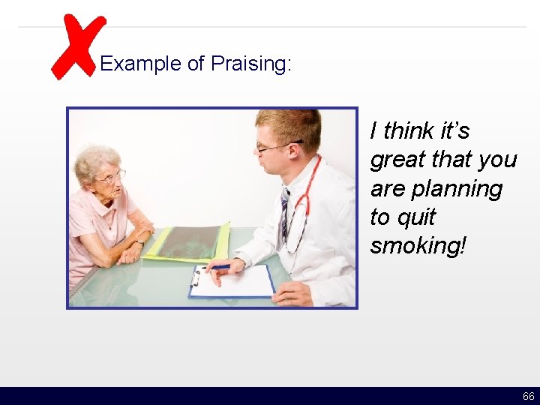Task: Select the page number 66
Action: coord(528,396)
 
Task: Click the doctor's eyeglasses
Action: coord(271,146)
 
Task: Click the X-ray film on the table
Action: coord(187,241)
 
